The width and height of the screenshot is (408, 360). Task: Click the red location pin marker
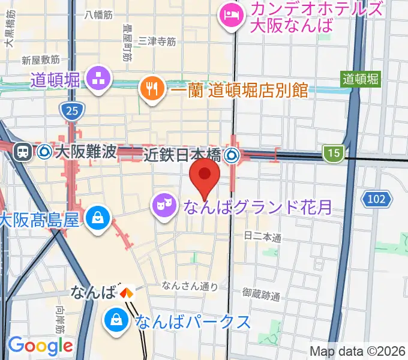205,178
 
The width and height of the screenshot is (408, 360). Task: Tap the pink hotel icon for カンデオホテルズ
230,14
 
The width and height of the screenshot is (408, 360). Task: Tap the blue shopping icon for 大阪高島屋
97,218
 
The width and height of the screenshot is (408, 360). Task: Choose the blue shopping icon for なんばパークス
115,322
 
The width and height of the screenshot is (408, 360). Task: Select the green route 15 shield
334,154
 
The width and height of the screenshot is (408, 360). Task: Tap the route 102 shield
377,199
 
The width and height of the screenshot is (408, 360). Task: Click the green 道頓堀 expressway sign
361,78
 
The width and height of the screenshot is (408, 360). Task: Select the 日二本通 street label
263,239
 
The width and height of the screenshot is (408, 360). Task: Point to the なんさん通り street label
188,286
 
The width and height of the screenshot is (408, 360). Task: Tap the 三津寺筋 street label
157,41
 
